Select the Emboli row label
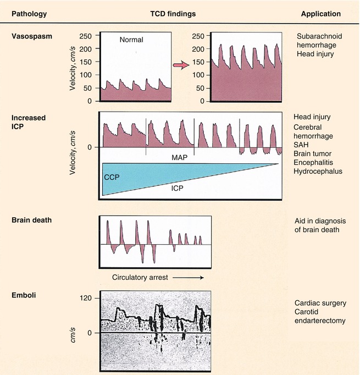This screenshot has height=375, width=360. (24, 297)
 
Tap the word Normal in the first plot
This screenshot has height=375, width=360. (131, 40)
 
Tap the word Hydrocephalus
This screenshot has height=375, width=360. (319, 172)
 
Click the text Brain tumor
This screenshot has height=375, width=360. (315, 153)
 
